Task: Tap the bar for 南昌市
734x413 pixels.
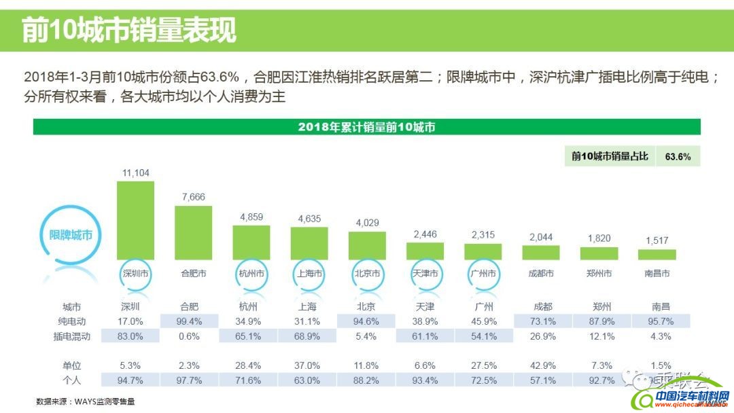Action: click(657, 254)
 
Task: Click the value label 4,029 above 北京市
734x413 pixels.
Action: click(367, 223)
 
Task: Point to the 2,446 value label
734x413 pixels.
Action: click(425, 234)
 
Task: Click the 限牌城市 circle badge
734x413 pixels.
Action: click(71, 235)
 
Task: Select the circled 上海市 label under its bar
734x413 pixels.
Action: click(309, 274)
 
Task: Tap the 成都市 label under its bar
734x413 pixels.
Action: click(540, 274)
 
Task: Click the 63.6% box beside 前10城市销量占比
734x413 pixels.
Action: click(678, 157)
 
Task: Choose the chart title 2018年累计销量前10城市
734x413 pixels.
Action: click(366, 127)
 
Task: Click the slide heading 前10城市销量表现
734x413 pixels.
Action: click(129, 31)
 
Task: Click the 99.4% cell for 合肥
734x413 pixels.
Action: click(194, 321)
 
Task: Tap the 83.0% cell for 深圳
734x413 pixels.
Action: click(135, 336)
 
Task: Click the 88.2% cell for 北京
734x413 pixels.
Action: click(367, 380)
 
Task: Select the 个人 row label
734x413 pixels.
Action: click(72, 380)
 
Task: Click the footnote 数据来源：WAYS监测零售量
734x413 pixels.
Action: click(86, 401)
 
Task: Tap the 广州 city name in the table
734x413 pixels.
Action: click(483, 306)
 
